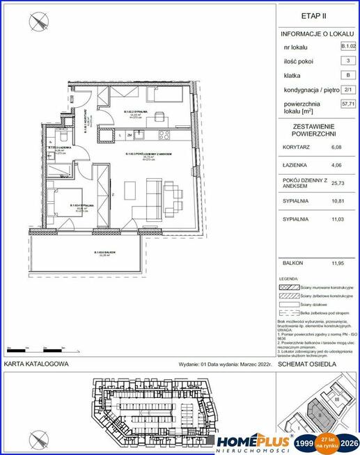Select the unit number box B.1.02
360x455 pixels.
pyautogui.click(x=348, y=47)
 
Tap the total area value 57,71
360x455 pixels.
pyautogui.click(x=348, y=104)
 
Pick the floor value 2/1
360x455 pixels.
pyautogui.click(x=348, y=90)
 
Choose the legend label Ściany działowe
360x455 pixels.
pyautogui.click(x=311, y=304)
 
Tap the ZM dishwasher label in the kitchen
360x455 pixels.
pyautogui.click(x=130, y=136)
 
